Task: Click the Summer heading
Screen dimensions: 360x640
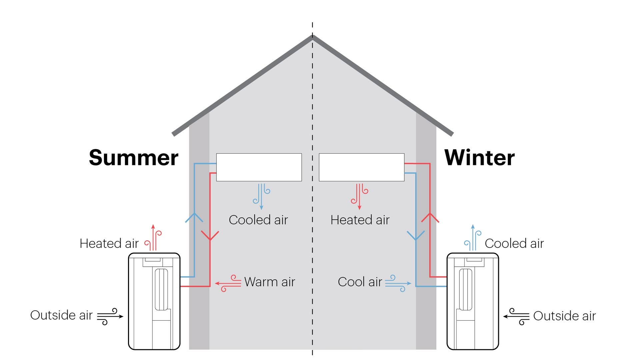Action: pyautogui.click(x=133, y=158)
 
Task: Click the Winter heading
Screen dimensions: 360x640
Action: pyautogui.click(x=479, y=158)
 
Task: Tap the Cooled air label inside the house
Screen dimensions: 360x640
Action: pyautogui.click(x=258, y=220)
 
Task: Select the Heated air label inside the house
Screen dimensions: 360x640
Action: pyautogui.click(x=360, y=220)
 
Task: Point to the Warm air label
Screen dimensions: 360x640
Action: pyautogui.click(x=269, y=282)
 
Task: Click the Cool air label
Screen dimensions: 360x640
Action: pyautogui.click(x=360, y=282)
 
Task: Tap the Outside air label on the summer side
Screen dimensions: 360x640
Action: pyautogui.click(x=61, y=315)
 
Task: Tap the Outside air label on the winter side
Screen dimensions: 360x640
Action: pyautogui.click(x=564, y=316)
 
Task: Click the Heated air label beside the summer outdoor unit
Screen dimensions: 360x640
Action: pyautogui.click(x=109, y=244)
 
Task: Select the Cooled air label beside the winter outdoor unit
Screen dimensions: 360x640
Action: pyautogui.click(x=514, y=244)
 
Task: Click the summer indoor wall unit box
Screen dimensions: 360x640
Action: pyautogui.click(x=259, y=167)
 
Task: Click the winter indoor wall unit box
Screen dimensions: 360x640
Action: pyautogui.click(x=362, y=167)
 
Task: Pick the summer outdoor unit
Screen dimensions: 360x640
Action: pyautogui.click(x=154, y=301)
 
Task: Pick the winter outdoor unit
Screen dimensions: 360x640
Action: pyautogui.click(x=473, y=301)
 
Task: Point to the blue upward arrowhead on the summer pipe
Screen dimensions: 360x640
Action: pyautogui.click(x=194, y=218)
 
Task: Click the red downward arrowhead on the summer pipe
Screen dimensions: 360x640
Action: pyautogui.click(x=210, y=236)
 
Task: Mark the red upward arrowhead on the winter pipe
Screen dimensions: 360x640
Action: pyautogui.click(x=430, y=218)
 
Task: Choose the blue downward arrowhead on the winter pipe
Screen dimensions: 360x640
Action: pyautogui.click(x=416, y=236)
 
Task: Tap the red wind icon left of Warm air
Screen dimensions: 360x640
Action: pyautogui.click(x=228, y=283)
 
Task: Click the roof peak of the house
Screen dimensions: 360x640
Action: pyautogui.click(x=313, y=37)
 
